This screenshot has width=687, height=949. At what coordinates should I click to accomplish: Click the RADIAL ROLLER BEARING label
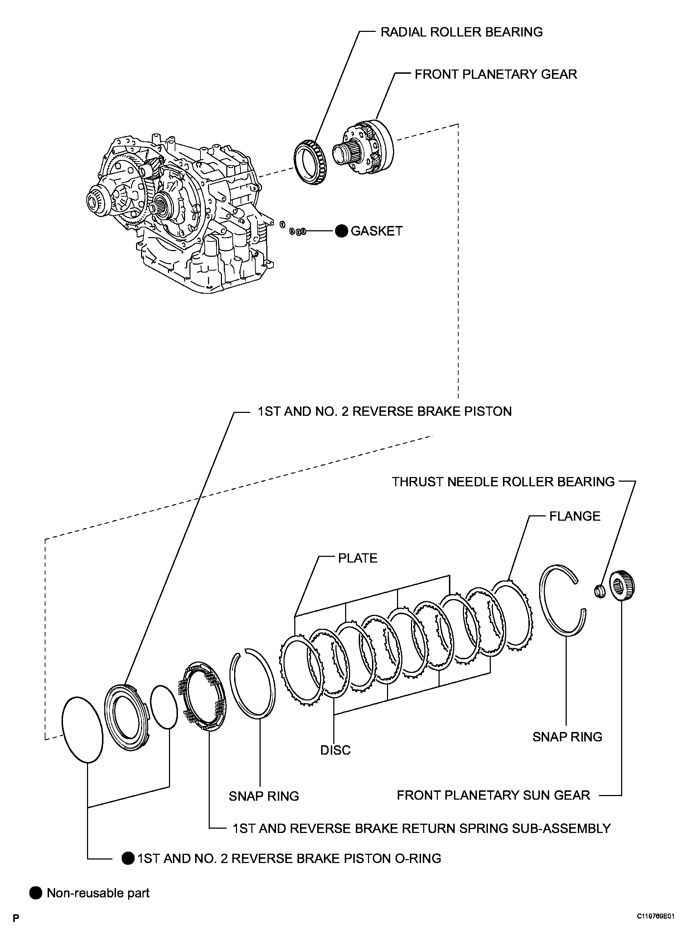(x=461, y=32)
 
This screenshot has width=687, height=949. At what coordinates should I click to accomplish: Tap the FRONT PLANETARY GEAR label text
(x=495, y=74)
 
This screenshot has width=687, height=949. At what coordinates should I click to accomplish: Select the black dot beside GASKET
(x=342, y=231)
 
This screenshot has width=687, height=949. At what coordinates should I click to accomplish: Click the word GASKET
(x=376, y=231)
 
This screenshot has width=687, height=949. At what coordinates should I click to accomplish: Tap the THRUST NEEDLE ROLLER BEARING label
(x=503, y=482)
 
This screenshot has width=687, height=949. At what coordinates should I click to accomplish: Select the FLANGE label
(x=575, y=516)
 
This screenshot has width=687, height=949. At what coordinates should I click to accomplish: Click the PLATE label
(x=357, y=558)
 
